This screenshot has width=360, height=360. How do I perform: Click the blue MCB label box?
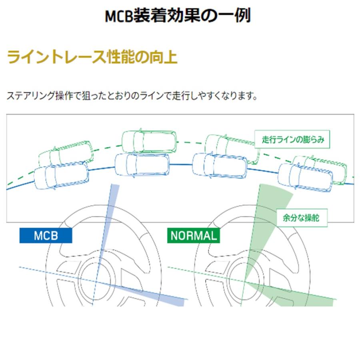tap(46, 235)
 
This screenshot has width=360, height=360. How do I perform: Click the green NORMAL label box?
tap(194, 235)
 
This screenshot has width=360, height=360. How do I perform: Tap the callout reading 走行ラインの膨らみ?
tap(292, 139)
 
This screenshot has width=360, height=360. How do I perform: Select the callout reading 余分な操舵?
tap(302, 218)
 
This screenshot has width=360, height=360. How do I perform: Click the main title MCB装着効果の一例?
tap(178, 15)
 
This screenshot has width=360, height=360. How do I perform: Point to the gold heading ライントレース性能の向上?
tap(92, 57)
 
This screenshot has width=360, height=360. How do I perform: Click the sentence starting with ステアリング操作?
tap(132, 96)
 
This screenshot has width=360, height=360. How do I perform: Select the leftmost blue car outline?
tap(61, 176)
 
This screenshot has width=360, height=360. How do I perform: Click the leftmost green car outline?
tap(66, 153)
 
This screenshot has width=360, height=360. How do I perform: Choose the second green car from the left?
tap(149, 142)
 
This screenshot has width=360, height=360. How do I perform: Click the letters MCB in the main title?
tap(119, 16)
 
